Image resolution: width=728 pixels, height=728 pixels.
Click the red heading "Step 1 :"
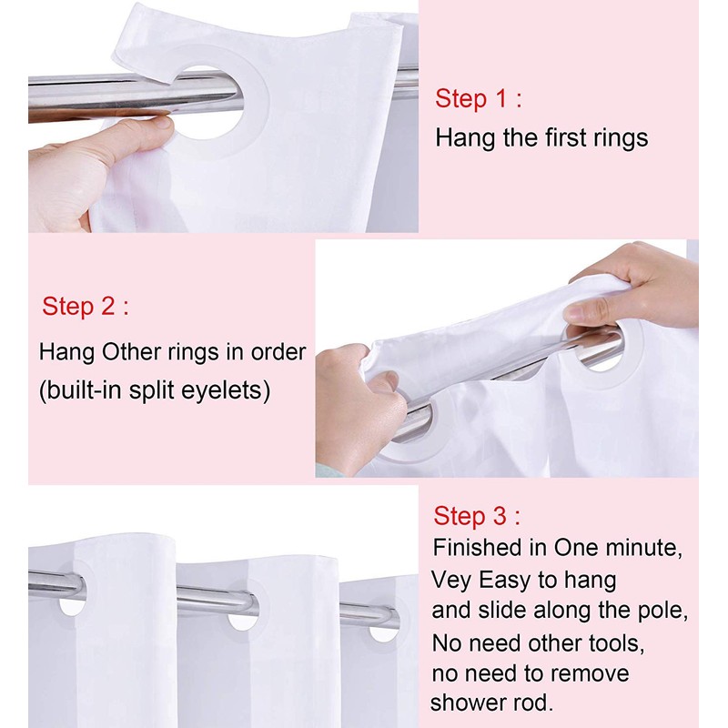[479, 99]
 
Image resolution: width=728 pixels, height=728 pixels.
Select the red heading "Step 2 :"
[86, 307]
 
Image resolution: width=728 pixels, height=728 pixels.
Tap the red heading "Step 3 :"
[477, 516]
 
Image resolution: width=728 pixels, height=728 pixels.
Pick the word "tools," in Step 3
[617, 643]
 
